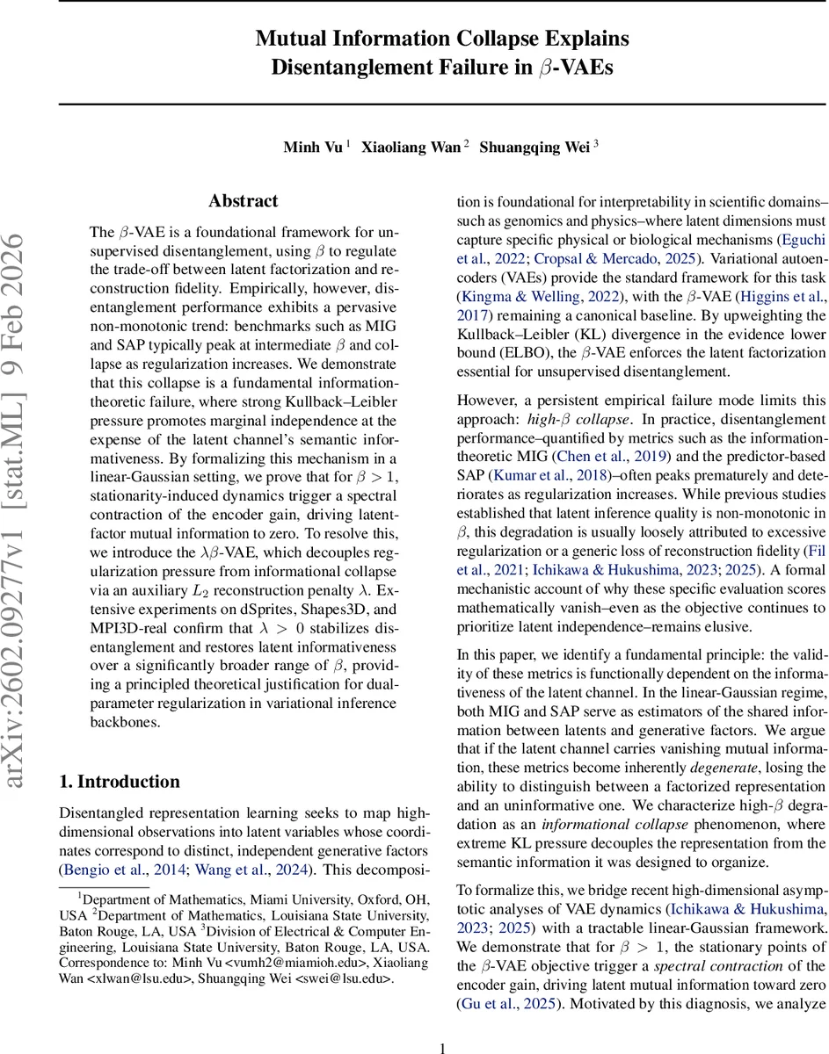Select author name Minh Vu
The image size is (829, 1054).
click(x=314, y=148)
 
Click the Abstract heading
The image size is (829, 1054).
click(x=244, y=201)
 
